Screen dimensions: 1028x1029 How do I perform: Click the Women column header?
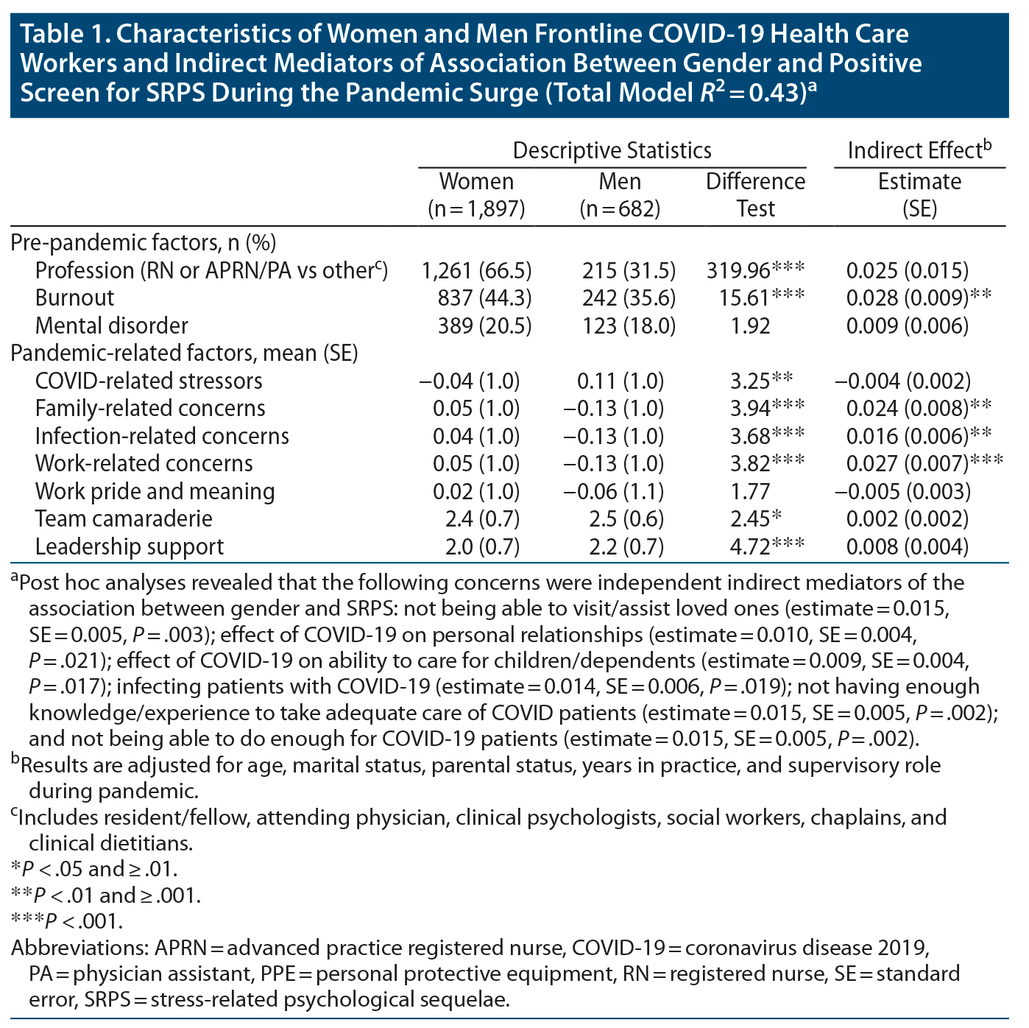coord(476,195)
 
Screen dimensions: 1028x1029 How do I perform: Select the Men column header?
coord(620,195)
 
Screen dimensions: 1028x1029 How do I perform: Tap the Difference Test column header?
coord(755,195)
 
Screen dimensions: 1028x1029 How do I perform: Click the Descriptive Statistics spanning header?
coord(612,150)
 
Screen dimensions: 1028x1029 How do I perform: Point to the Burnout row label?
coord(74,298)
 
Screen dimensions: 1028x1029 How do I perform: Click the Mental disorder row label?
coord(111,325)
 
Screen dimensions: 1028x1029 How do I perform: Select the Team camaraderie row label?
coord(124,518)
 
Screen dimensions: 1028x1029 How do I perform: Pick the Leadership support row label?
coord(130,546)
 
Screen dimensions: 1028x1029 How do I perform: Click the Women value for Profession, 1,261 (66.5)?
coord(476,270)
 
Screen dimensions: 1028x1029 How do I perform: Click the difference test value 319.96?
coord(755,270)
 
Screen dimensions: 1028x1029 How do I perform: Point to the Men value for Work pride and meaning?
coord(613,491)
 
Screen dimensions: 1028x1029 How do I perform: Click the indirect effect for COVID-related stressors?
coord(902,381)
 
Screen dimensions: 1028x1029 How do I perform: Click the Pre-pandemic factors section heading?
coord(144,242)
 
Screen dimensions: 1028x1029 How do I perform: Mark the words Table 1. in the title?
coord(62,35)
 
